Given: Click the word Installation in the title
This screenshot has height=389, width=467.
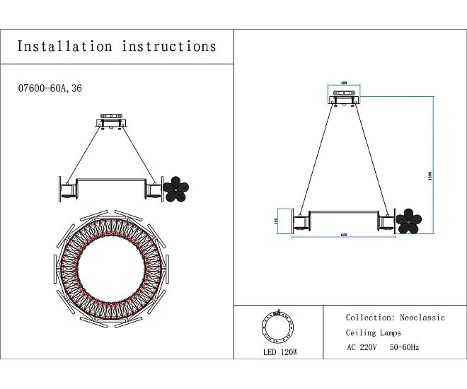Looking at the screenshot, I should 64,47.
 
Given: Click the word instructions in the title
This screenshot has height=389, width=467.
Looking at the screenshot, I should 169,47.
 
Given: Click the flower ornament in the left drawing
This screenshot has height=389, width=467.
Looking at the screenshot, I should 176,188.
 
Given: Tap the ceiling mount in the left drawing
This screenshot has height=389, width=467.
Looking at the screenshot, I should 112,121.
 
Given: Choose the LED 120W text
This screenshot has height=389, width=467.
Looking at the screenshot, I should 279,352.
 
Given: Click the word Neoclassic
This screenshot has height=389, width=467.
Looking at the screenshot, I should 422,318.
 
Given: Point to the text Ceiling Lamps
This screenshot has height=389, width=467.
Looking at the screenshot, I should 373,332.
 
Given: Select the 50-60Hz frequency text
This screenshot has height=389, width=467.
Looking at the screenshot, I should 405,347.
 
